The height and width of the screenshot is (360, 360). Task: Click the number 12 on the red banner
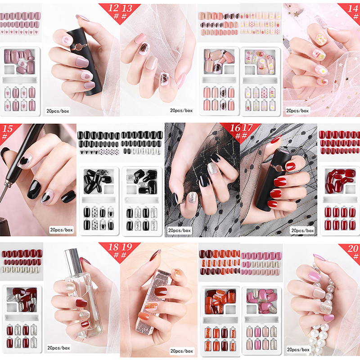113,8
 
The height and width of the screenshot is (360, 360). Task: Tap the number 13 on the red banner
127,9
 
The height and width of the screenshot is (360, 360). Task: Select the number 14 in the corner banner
353,9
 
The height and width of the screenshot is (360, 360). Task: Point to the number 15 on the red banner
8,129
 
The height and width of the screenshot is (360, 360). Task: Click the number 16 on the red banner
235,128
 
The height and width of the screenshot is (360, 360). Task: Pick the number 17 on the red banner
247,128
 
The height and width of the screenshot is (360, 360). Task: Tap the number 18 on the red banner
113,247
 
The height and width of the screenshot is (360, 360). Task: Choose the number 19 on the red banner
127,247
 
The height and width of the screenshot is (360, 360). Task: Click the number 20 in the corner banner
353,249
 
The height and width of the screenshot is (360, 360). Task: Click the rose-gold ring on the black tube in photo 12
79,47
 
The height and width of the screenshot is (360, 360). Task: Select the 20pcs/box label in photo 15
61,230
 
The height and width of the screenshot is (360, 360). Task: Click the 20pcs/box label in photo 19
181,351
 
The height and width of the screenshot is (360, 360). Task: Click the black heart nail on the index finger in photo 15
25,160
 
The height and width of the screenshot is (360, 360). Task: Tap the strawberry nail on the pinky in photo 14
322,81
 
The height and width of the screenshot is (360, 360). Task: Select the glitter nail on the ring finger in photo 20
325,308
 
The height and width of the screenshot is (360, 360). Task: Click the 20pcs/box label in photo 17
302,230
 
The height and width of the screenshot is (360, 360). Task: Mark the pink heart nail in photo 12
86,76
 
